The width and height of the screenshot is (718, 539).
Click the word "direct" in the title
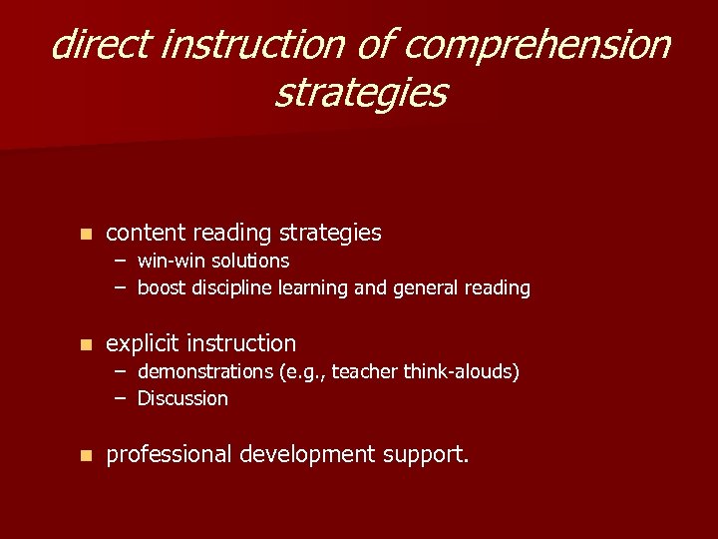tap(100, 45)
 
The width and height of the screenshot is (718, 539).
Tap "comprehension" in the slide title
tap(539, 45)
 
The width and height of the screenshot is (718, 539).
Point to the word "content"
tap(146, 233)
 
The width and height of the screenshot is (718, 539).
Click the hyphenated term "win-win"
tap(171, 261)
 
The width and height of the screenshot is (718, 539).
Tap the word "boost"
tap(162, 287)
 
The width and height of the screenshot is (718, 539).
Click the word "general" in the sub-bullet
tap(432, 287)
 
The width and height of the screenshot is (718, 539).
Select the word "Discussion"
tap(182, 398)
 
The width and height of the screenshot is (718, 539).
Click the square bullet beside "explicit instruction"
tap(86, 344)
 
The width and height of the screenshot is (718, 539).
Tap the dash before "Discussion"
tap(120, 398)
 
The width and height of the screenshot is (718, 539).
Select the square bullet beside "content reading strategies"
tap(86, 234)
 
